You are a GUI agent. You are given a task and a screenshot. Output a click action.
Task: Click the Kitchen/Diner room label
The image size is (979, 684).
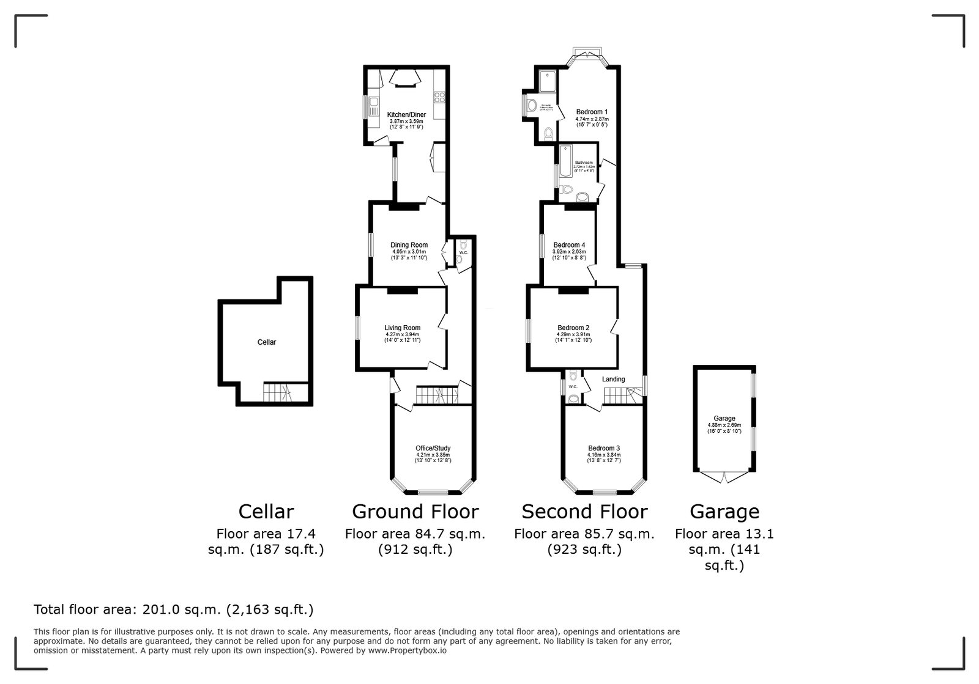click(406, 115)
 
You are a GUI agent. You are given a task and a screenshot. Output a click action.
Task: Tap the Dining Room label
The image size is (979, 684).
click(410, 245)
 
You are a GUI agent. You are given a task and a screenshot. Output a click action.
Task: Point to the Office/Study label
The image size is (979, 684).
click(433, 449)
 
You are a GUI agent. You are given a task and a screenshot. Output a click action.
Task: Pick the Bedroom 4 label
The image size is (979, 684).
click(569, 245)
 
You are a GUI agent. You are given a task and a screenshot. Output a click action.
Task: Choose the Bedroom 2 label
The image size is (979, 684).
click(573, 328)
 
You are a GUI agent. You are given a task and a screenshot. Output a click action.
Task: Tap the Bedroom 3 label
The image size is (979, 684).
click(604, 449)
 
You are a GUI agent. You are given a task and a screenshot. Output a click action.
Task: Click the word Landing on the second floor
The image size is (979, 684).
click(613, 380)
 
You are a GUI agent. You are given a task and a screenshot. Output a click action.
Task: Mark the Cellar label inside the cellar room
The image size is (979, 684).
click(267, 342)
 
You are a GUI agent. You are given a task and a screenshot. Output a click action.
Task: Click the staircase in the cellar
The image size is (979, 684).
click(277, 392)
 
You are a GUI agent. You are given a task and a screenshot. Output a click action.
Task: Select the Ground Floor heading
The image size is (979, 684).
click(415, 512)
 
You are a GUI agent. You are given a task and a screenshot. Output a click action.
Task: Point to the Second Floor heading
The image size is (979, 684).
click(584, 512)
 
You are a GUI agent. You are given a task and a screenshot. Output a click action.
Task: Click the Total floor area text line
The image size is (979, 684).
click(173, 609)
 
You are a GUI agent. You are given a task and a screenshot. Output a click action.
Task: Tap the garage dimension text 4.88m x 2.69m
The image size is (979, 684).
click(724, 425)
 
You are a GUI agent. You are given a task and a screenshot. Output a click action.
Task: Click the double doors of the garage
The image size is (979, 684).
click(724, 477)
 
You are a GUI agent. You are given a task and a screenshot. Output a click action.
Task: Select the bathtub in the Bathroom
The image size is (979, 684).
click(564, 161)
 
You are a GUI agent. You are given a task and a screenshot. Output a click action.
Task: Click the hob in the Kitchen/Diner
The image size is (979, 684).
click(439, 97)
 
